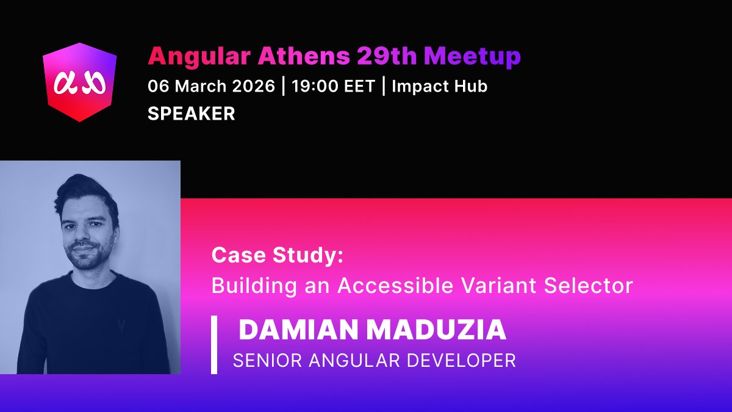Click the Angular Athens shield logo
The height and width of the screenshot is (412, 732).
pos(79,82)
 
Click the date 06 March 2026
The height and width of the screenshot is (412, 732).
pos(211,86)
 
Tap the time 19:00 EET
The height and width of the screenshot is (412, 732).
pos(332,86)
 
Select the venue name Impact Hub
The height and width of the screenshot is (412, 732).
pos(439,86)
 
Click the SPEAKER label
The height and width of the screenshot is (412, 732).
pos(192,114)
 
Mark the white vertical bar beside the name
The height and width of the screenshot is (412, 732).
pos(214,345)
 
